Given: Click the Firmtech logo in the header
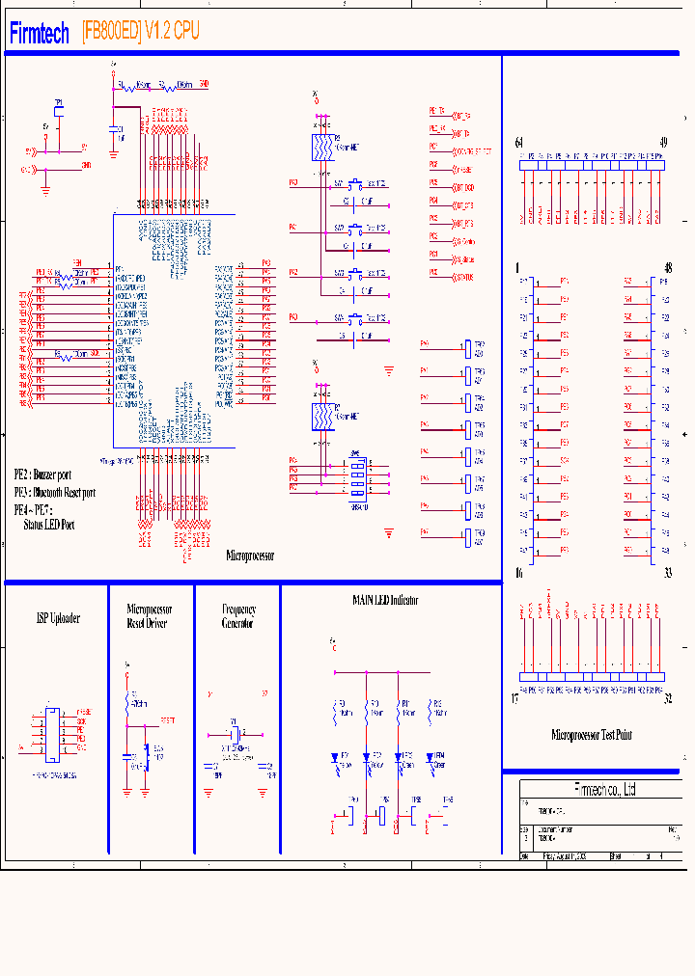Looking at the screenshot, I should coord(40,33).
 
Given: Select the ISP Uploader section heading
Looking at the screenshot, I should coord(58,618).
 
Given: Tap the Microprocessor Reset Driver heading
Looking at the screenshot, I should coord(150,616).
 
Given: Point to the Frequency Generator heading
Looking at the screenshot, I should coord(238,616).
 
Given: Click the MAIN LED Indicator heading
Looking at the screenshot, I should coord(385,600).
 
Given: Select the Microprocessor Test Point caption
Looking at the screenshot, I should coord(592,735).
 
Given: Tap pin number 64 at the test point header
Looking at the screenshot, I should coord(519,143).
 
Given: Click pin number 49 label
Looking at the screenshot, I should coord(662,143).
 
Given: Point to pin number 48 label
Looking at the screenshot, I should coord(667,267).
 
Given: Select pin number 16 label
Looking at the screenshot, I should coord(518,573).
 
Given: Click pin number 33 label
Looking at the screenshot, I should coord(667,573).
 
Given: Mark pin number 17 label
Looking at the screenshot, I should coord(515,700).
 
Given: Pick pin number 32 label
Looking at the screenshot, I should coord(668,700).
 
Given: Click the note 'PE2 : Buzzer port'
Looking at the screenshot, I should coord(42,475).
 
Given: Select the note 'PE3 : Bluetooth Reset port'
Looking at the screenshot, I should coord(54,492).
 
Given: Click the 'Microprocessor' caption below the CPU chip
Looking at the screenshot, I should coord(250,556).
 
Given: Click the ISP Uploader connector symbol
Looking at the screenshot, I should coord(51,732).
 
